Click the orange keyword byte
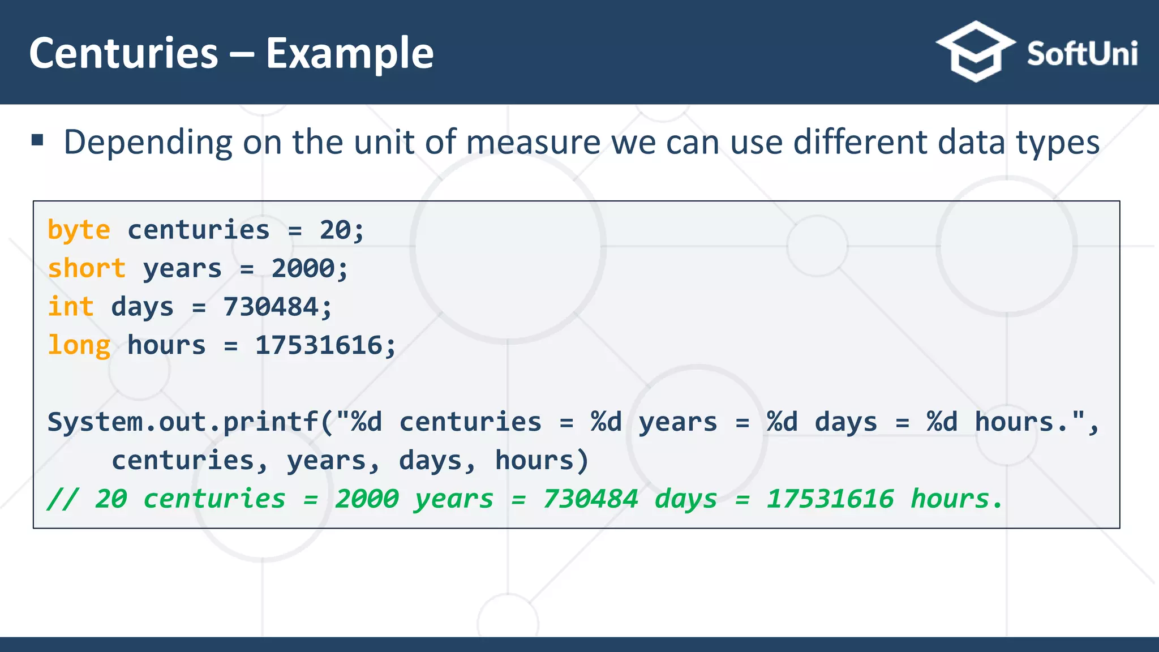(x=79, y=230)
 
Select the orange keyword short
(x=87, y=268)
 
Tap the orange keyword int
(x=71, y=307)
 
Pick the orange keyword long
(x=79, y=345)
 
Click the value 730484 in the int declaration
(x=271, y=307)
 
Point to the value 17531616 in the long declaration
(x=319, y=345)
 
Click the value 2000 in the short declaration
(x=303, y=268)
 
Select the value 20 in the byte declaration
(x=335, y=230)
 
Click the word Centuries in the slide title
(x=123, y=53)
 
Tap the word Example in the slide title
(x=350, y=54)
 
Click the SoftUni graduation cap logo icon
(x=975, y=52)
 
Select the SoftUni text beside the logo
(x=1081, y=54)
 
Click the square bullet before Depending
(x=38, y=140)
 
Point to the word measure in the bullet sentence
(x=533, y=142)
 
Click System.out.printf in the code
(x=183, y=422)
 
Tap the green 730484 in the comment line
(x=590, y=499)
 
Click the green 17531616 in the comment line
(x=830, y=499)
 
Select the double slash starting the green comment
(x=62, y=499)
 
